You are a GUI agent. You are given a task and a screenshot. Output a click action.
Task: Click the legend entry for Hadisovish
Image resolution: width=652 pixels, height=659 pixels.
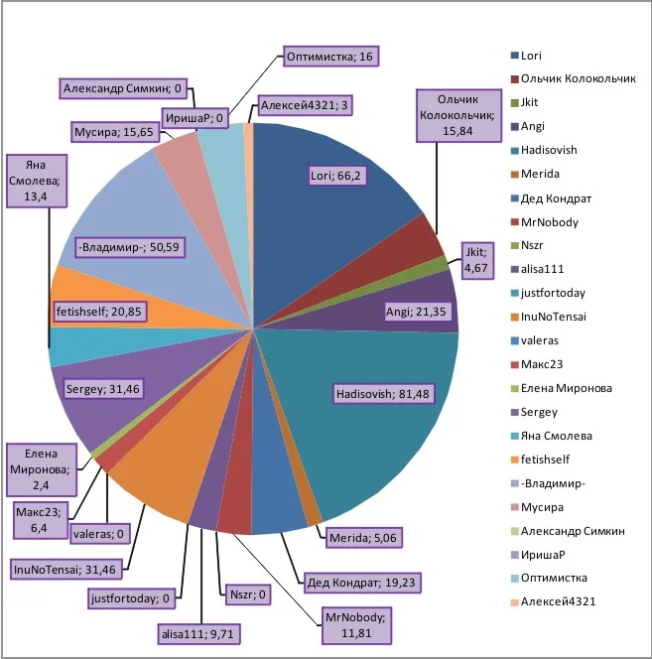549,150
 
